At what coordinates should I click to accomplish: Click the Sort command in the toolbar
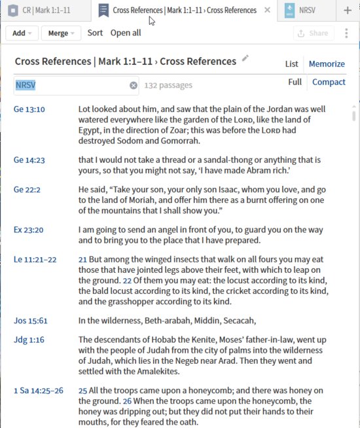click(95, 33)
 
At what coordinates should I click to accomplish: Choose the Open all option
click(126, 33)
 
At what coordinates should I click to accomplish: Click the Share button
click(313, 33)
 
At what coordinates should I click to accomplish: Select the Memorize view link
click(327, 64)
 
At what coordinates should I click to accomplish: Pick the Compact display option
click(329, 82)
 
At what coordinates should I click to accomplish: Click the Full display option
click(295, 82)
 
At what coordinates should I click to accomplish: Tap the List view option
click(292, 64)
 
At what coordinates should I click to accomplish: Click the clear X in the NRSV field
click(134, 85)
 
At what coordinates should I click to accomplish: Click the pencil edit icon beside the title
click(245, 59)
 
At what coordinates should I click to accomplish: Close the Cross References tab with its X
click(267, 10)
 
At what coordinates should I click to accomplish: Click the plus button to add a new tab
click(348, 10)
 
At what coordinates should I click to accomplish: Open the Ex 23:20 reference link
click(27, 230)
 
